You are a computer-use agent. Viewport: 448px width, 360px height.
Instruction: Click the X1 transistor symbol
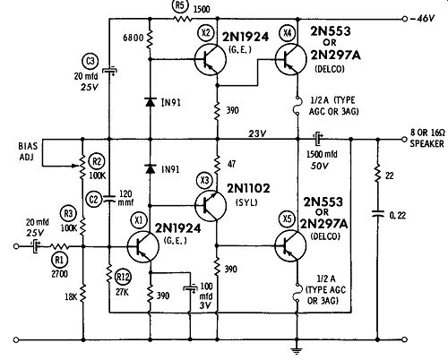142,246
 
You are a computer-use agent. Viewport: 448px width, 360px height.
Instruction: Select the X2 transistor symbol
211,59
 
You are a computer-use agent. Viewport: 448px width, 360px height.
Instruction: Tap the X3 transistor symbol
211,205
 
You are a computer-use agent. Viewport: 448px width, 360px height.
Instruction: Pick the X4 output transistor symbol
290,59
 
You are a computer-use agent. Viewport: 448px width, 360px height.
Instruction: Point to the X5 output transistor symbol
290,246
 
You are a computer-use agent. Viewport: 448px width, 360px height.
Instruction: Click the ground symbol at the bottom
297,350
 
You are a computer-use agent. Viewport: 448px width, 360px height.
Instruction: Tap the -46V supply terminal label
423,19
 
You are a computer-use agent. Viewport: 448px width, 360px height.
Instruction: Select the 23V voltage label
257,133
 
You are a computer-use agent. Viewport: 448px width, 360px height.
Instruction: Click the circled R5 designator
180,7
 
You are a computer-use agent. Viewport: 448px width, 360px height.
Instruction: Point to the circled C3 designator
90,61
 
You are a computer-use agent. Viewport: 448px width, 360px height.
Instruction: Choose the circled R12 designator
123,277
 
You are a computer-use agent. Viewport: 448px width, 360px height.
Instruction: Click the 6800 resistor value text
134,38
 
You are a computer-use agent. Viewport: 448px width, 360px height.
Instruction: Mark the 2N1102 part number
248,188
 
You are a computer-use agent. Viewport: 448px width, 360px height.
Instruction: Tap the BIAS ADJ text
28,151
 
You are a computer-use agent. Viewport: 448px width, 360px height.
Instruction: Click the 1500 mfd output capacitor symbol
318,139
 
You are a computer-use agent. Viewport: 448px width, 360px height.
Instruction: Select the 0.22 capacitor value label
398,215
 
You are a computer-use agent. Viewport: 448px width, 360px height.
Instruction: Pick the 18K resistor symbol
83,293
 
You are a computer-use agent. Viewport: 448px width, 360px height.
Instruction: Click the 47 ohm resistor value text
232,164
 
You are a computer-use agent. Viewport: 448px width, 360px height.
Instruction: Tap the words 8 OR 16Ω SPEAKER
427,138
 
